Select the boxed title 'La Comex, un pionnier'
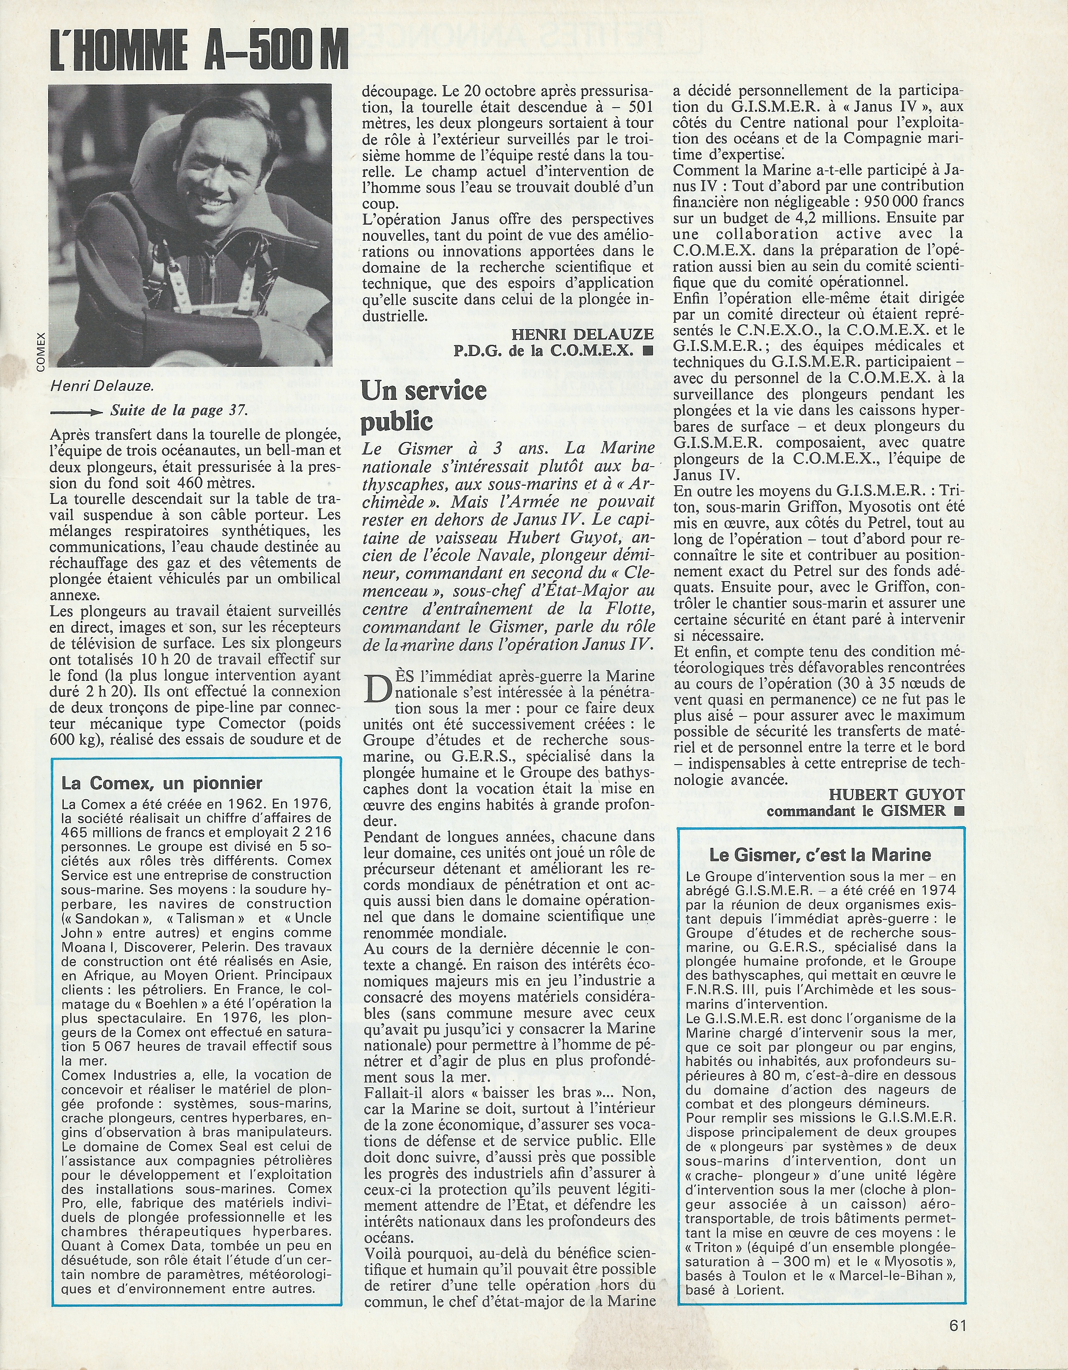(162, 782)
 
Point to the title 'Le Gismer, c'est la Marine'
(820, 854)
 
